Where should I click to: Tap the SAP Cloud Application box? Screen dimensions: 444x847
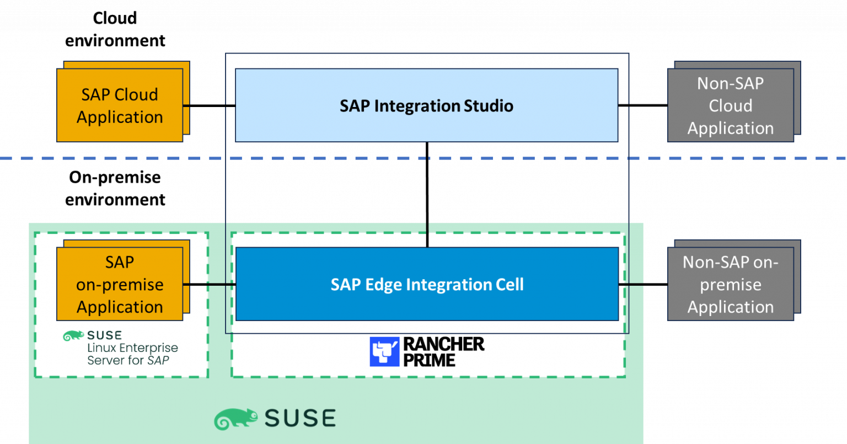pos(120,105)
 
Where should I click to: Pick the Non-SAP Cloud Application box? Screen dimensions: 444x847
pos(730,105)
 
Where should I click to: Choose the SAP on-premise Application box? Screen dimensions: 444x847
pos(120,284)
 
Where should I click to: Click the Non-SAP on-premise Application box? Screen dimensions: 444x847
pos(730,284)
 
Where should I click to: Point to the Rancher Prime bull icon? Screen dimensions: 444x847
pos(384,352)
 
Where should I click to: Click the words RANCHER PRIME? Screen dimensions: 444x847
pos(443,352)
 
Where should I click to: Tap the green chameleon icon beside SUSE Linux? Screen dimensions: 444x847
pos(73,336)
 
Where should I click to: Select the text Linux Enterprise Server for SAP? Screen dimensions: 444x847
pos(132,354)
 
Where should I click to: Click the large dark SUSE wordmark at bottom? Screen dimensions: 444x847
pos(300,419)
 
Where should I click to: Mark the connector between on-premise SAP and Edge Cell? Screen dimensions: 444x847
pos(209,285)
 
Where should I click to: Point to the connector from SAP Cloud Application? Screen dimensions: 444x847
pos(186,105)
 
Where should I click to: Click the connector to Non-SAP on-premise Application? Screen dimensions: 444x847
pos(631,285)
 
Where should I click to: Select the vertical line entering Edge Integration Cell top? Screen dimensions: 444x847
pos(427,235)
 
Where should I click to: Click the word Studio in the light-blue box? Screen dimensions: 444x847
pos(488,106)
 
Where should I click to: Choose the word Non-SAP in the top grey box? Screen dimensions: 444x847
pos(730,83)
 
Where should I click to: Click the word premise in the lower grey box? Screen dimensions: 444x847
pos(730,285)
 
